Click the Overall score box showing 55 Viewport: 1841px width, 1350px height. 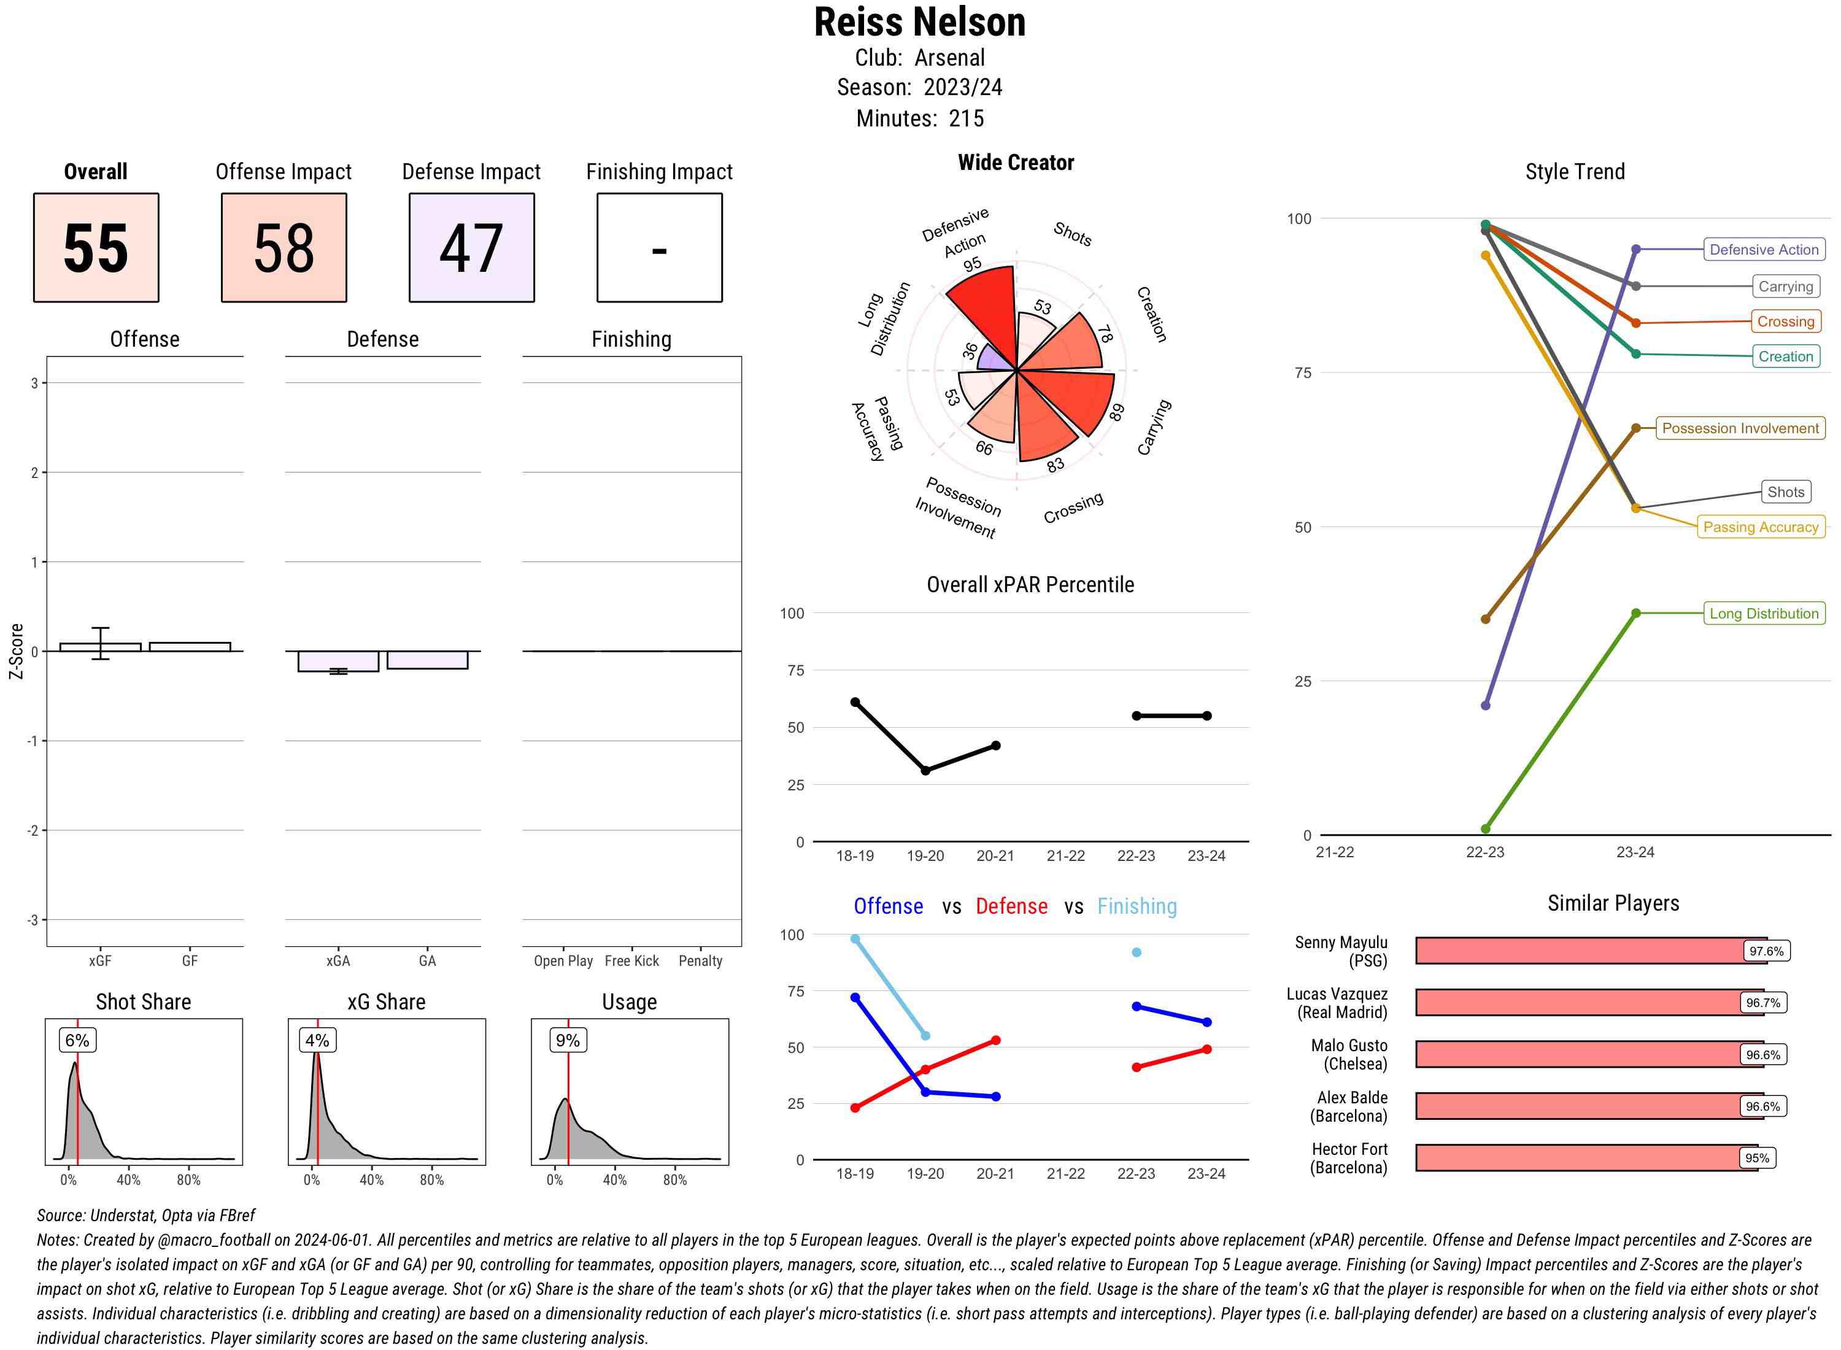coord(96,248)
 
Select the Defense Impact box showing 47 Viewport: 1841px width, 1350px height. coord(471,248)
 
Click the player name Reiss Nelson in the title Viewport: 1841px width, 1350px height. coord(919,23)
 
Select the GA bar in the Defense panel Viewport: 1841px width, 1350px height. coord(427,660)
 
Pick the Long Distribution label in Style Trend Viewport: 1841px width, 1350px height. coord(1764,614)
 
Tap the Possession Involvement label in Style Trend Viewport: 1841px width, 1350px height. coord(1740,428)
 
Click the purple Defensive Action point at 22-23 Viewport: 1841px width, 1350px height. coord(1486,705)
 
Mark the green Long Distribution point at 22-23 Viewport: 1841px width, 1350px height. coord(1486,828)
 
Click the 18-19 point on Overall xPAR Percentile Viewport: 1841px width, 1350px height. coord(855,702)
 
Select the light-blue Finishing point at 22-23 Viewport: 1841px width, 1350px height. coord(1136,952)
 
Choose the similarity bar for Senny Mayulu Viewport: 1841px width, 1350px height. coord(1589,951)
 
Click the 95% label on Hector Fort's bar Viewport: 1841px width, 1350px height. coord(1757,1158)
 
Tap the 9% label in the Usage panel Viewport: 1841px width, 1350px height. coord(567,1040)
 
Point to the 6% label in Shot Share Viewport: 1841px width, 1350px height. coord(77,1040)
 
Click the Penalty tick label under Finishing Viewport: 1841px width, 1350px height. coord(700,961)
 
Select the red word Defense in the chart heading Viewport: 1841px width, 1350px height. coord(1011,906)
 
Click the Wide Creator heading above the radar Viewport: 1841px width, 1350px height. coord(1016,163)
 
